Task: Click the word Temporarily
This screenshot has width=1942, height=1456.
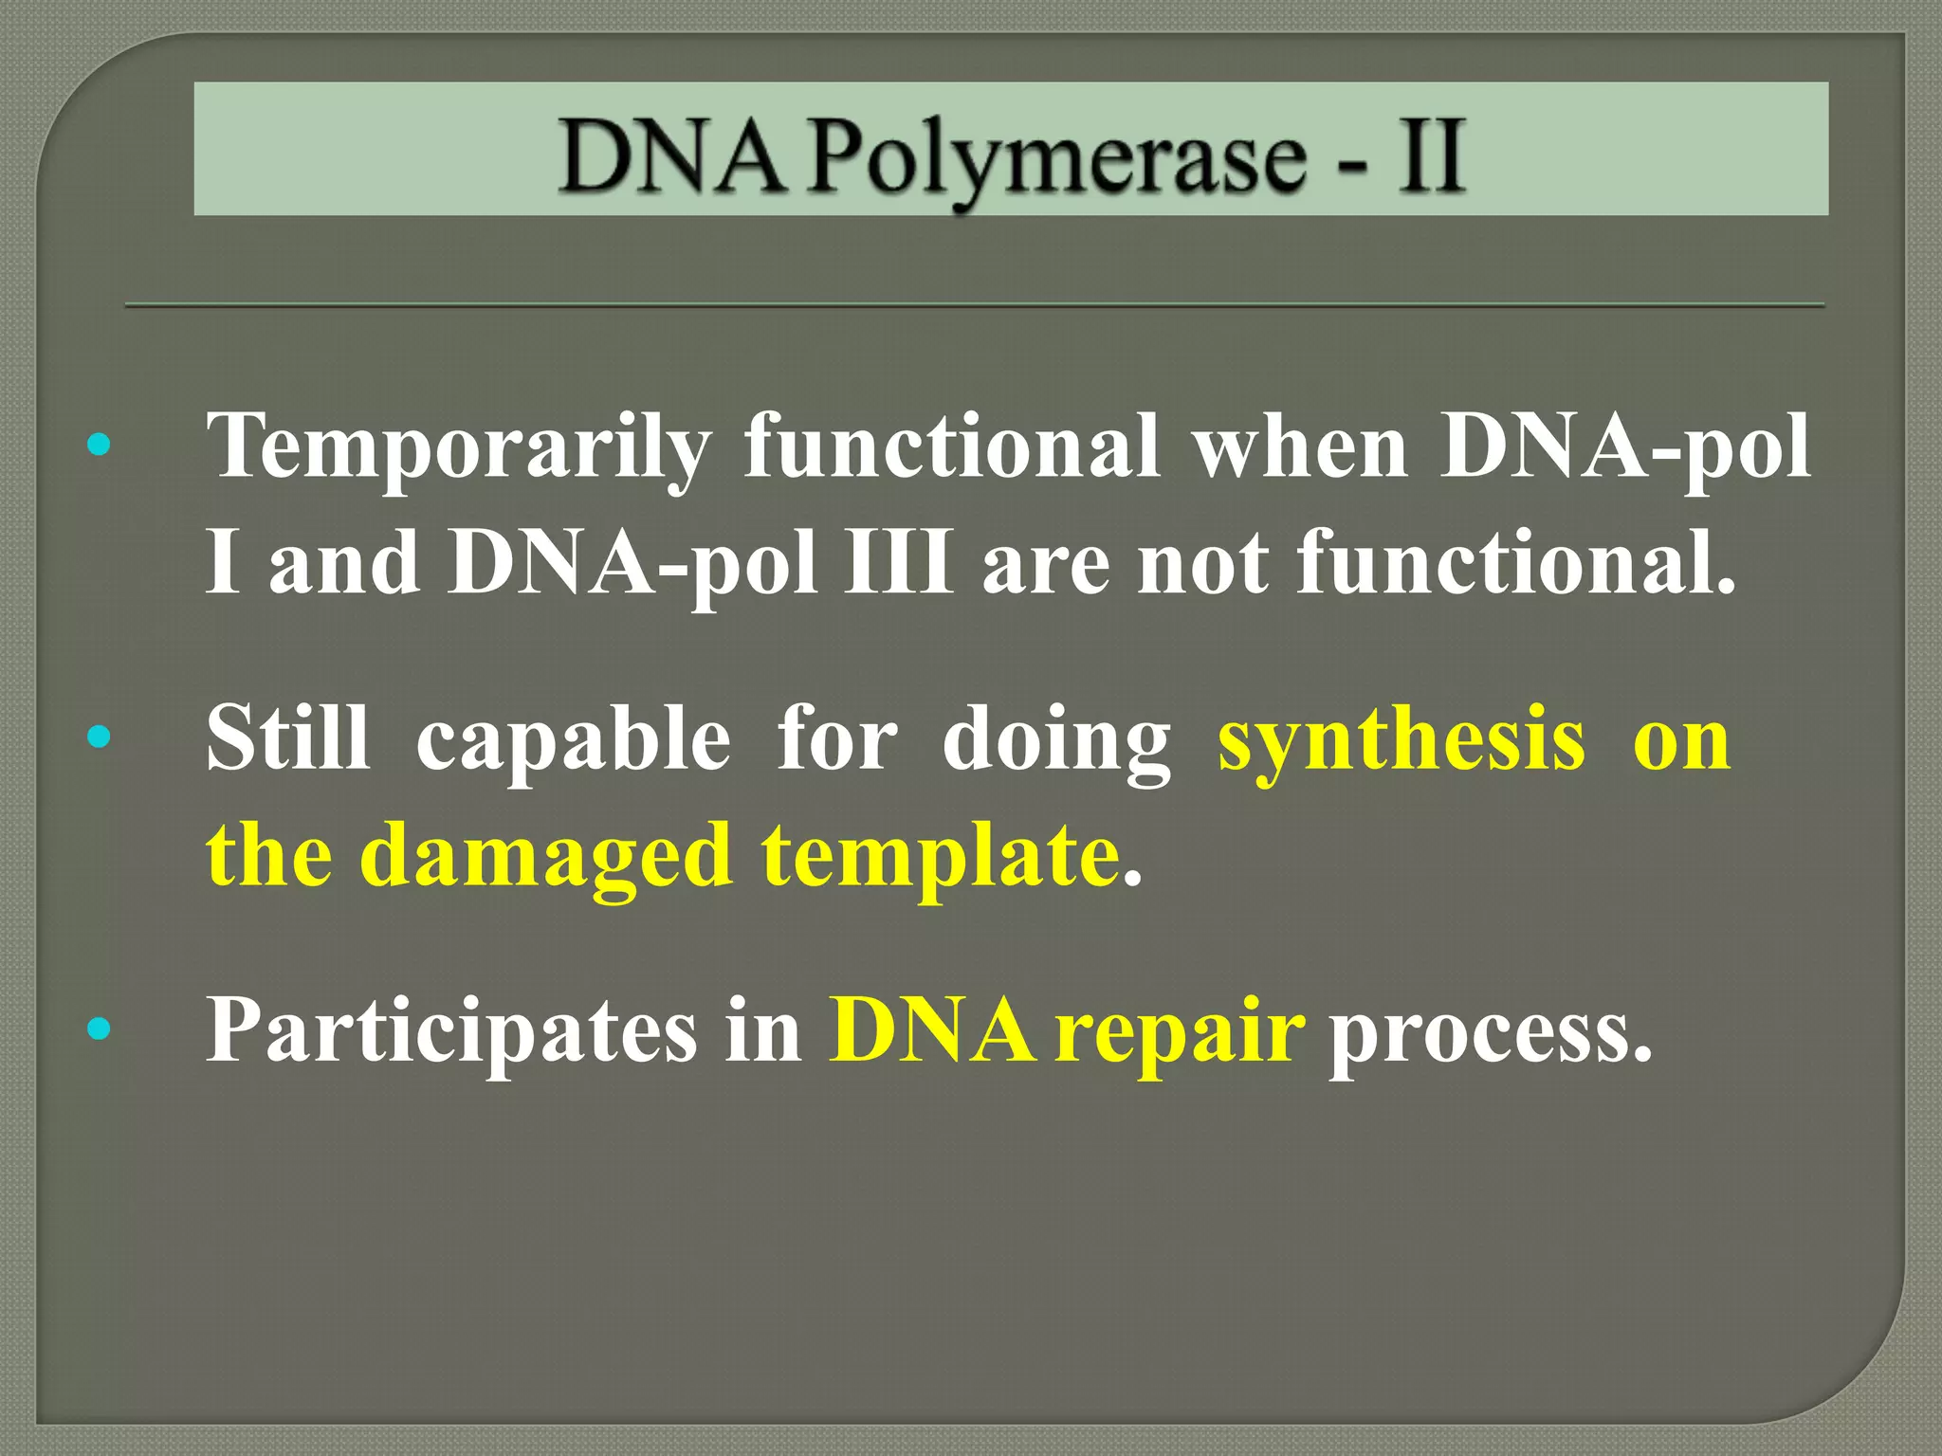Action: coord(459,446)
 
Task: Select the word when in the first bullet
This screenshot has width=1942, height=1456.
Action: coord(1300,446)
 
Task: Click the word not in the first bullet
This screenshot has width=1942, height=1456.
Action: coord(1201,564)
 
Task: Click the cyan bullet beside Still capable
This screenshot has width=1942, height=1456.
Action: coord(99,737)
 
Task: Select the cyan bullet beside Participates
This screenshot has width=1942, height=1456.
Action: coord(99,1028)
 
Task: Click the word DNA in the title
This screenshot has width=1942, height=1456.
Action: coord(671,157)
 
